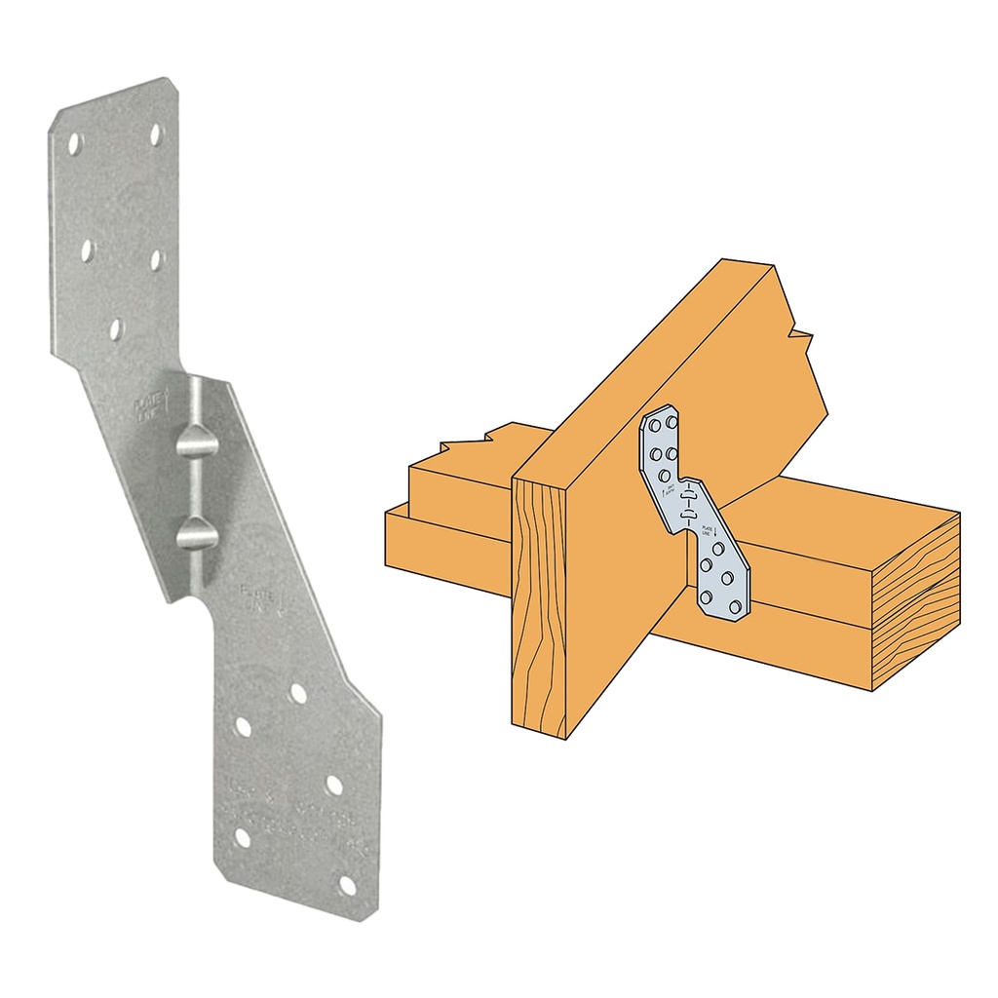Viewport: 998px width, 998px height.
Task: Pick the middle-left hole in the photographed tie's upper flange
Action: [87, 250]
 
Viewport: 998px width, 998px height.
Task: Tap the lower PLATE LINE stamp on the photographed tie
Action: [255, 596]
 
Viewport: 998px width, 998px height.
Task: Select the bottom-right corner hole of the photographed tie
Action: [347, 885]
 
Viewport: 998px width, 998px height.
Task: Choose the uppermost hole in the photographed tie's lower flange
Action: [297, 695]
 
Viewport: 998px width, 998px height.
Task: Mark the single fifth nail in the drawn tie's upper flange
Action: [666, 475]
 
